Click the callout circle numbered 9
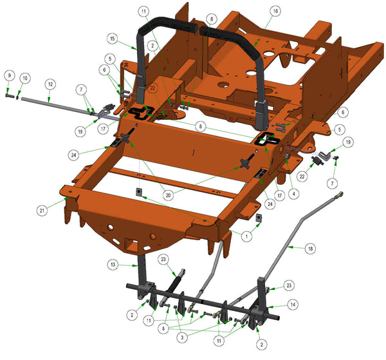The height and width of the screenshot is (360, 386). (x=10, y=75)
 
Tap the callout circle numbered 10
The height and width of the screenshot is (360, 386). (x=25, y=79)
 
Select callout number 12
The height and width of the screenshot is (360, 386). (x=50, y=84)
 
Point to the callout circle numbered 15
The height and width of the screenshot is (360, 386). (x=112, y=39)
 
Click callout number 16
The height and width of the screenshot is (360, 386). (x=275, y=11)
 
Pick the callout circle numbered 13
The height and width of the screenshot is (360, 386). (x=113, y=265)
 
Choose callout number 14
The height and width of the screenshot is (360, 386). (x=293, y=305)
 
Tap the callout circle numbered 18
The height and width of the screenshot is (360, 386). (x=311, y=249)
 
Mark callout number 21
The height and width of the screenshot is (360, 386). (x=42, y=211)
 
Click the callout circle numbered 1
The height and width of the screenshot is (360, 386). (x=246, y=236)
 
